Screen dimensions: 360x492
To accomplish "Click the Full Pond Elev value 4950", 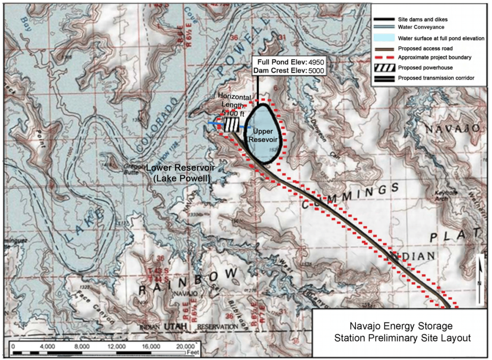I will click(316, 62).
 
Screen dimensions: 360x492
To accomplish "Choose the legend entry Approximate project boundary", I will click(434, 58).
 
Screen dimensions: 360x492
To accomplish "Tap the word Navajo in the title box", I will click(366, 326).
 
